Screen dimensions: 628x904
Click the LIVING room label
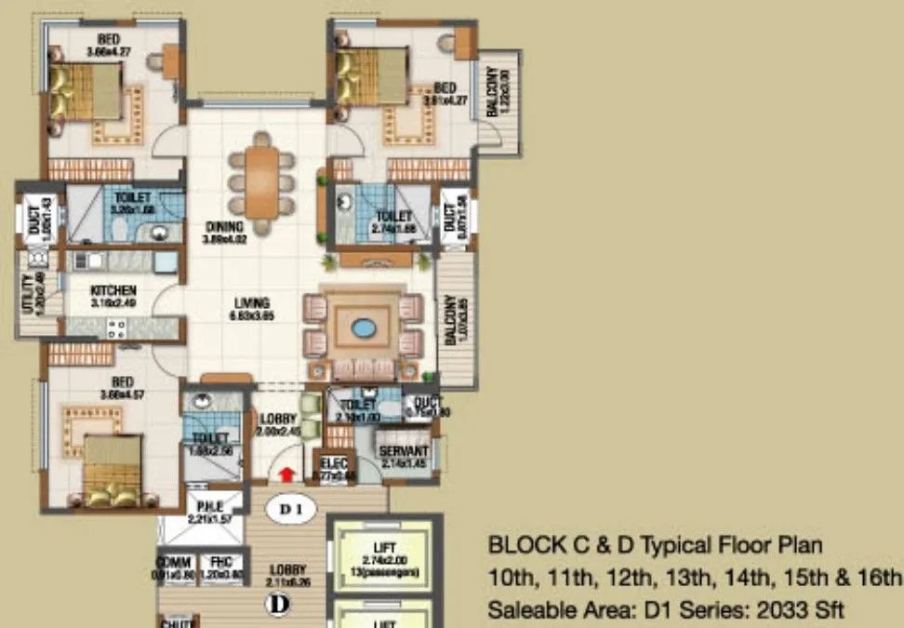click(252, 303)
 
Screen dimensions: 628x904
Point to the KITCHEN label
click(114, 290)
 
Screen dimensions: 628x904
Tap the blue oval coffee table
click(362, 329)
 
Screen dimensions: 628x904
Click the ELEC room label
click(333, 463)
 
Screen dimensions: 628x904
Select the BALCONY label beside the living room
click(449, 321)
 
